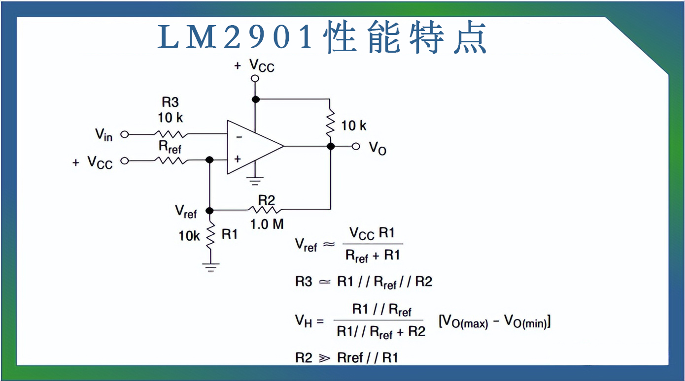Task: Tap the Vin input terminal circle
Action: (x=124, y=134)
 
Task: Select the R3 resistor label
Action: (x=170, y=102)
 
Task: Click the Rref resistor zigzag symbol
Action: (x=171, y=160)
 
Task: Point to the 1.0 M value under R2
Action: (x=267, y=224)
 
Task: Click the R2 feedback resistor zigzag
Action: (x=267, y=209)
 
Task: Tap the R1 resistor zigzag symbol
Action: (x=210, y=235)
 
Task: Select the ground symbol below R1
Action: (x=210, y=267)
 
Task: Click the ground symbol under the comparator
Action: (x=255, y=181)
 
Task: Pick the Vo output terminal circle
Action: (x=356, y=146)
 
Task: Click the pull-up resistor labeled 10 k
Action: (x=330, y=126)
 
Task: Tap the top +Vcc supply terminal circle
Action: (x=255, y=78)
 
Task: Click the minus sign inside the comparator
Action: (x=239, y=137)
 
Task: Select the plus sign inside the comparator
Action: (x=238, y=159)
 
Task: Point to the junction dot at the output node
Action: (x=331, y=146)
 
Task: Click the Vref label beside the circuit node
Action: (x=186, y=211)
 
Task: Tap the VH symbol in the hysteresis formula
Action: (x=304, y=321)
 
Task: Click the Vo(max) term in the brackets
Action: (x=463, y=322)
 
